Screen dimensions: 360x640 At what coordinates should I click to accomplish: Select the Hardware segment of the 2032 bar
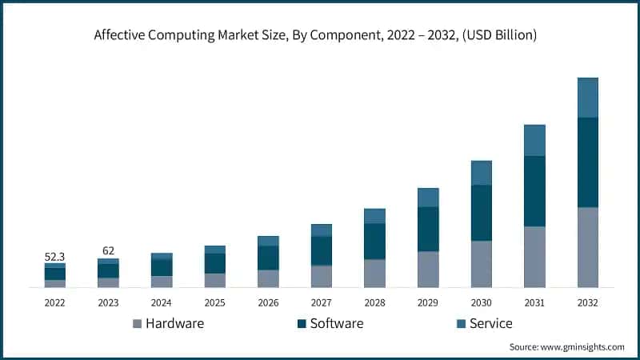click(587, 246)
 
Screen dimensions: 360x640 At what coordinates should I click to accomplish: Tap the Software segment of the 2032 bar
click(587, 162)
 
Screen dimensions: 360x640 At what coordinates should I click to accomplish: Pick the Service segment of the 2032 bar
click(587, 98)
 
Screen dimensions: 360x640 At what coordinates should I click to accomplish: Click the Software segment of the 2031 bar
click(534, 191)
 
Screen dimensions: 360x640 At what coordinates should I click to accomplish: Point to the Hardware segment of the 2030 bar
click(481, 263)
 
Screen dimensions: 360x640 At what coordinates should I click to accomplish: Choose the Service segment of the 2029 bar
click(428, 198)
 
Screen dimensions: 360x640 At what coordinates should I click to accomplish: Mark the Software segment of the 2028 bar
click(374, 241)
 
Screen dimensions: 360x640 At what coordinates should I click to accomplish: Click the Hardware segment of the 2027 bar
click(321, 276)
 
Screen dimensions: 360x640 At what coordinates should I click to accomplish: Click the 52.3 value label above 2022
click(54, 257)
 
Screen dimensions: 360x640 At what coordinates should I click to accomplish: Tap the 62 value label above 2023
click(108, 251)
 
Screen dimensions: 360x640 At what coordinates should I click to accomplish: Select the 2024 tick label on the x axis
click(161, 303)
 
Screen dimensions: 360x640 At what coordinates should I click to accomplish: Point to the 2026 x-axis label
click(268, 303)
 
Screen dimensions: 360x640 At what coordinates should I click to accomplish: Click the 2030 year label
click(481, 303)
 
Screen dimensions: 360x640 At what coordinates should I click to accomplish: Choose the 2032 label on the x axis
click(587, 303)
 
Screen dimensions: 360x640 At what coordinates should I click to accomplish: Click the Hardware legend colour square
click(137, 324)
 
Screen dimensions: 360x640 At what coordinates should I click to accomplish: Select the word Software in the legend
click(336, 323)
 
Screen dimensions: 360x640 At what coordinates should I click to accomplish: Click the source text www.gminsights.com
click(583, 347)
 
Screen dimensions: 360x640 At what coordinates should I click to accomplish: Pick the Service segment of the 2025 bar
click(214, 250)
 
